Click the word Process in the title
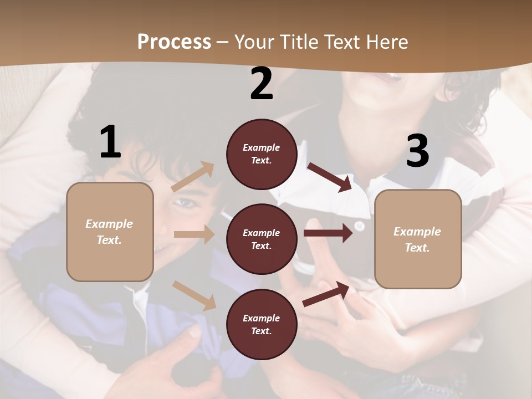(x=174, y=42)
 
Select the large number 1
(x=110, y=142)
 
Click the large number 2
(x=262, y=84)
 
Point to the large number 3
(x=417, y=151)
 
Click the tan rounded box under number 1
(x=110, y=232)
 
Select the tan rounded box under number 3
(x=418, y=239)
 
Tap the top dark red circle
(x=262, y=154)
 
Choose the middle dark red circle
(x=262, y=239)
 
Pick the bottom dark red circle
(x=262, y=324)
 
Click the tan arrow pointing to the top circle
(x=193, y=177)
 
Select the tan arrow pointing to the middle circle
(x=194, y=234)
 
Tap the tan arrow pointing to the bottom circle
(x=194, y=295)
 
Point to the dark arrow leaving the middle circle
(x=328, y=233)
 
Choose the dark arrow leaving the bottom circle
(x=326, y=294)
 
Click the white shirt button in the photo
(x=359, y=226)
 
